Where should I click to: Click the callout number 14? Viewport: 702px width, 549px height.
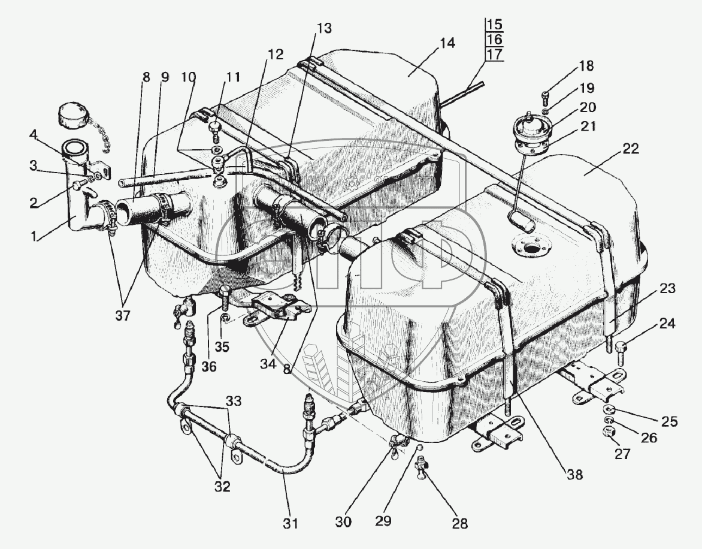(447, 44)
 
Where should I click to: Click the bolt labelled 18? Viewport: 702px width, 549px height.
(545, 94)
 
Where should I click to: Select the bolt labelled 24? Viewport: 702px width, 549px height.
(621, 347)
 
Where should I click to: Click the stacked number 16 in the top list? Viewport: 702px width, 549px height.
(494, 40)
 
